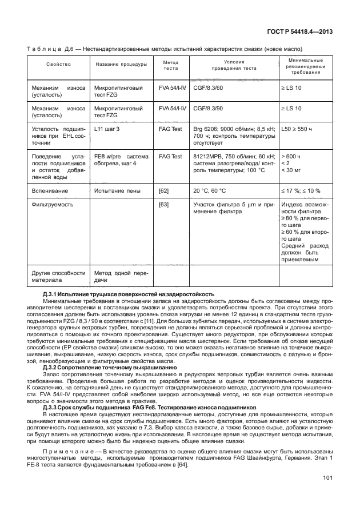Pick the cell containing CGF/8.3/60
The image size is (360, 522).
(208, 89)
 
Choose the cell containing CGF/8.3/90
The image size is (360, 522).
(208, 107)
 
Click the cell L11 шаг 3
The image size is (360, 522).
(107, 130)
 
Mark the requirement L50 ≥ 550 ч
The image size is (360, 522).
(300, 130)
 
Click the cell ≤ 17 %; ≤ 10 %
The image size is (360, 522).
(301, 191)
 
